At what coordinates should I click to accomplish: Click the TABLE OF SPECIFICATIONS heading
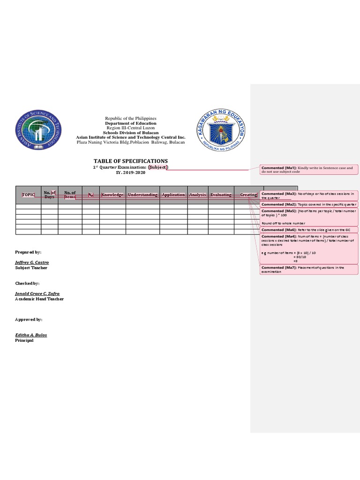(x=130, y=161)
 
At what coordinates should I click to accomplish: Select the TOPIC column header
(x=28, y=195)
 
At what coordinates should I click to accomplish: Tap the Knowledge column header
(x=112, y=195)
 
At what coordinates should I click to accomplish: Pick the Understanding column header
(x=142, y=195)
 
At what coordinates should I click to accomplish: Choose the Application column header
(x=173, y=195)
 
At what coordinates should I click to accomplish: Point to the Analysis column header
(x=197, y=195)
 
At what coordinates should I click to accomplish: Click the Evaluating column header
(x=221, y=195)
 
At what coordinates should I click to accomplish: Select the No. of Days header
(x=49, y=195)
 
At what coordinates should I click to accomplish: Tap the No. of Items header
(x=70, y=195)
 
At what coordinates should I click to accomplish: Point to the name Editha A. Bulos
(x=31, y=335)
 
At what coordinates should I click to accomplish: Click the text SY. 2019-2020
(x=130, y=172)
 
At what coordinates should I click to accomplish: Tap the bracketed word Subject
(x=158, y=167)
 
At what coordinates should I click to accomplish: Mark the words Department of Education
(x=130, y=123)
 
